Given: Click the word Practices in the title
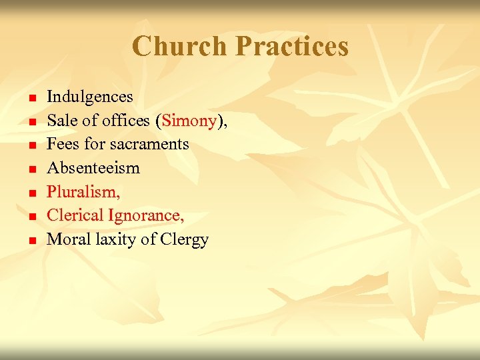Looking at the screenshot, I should pos(292,47).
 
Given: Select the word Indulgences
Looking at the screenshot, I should pos(90,97).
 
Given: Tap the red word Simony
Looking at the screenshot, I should pos(189,121).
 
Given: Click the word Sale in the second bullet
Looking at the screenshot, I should pos(61,121).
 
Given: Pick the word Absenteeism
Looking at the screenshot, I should pos(93,168).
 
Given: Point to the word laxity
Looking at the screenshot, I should pos(113,239).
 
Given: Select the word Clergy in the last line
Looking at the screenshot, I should pos(185,239).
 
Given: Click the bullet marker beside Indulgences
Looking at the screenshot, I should pos(31,99).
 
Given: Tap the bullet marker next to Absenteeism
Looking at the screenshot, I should pos(31,170).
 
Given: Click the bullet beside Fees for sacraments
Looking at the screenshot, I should pos(31,146).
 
